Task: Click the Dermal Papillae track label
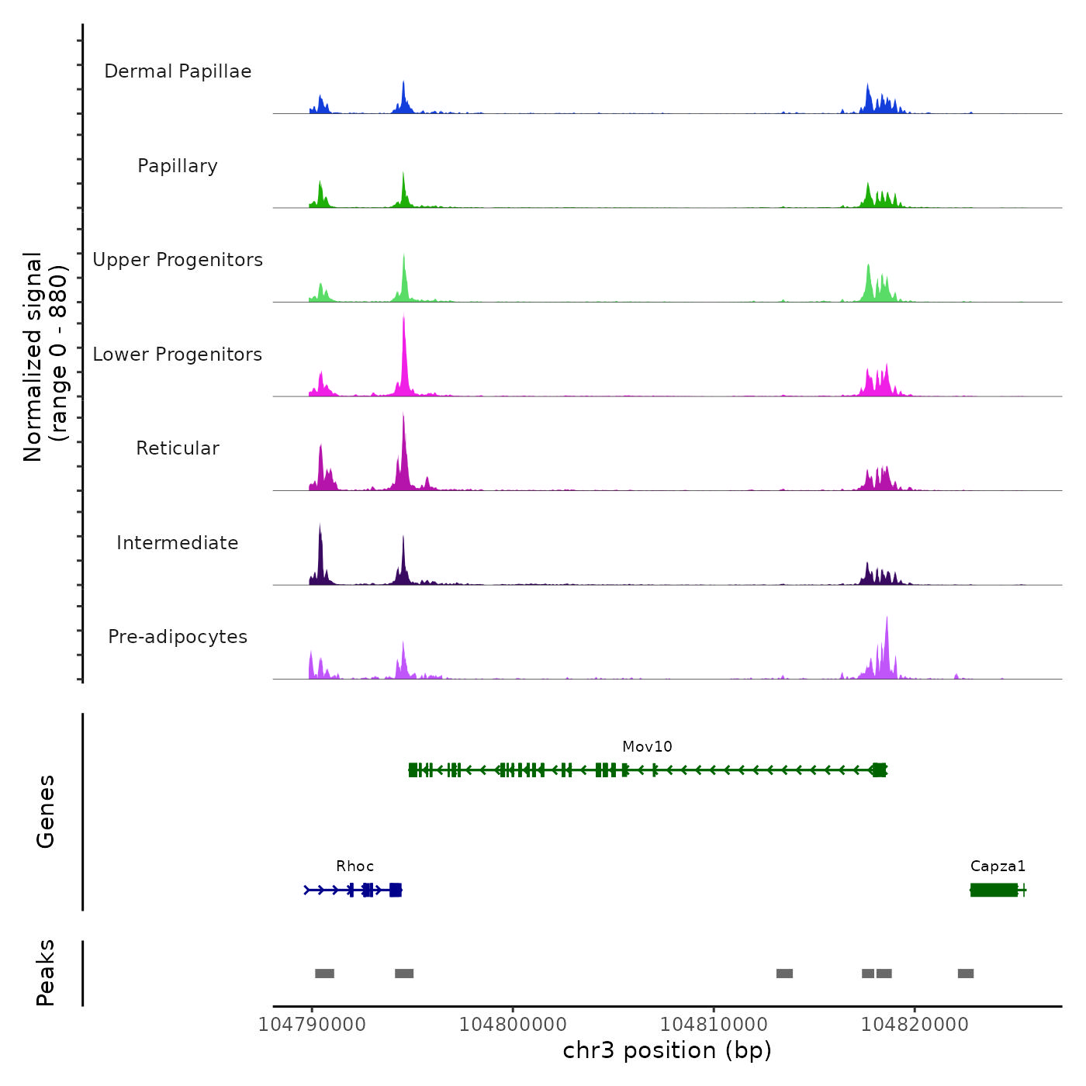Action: pyautogui.click(x=178, y=71)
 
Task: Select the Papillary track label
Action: pyautogui.click(x=178, y=166)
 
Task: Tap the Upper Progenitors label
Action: pyautogui.click(x=178, y=260)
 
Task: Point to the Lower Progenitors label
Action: pyautogui.click(x=178, y=355)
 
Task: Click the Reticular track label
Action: pyautogui.click(x=178, y=448)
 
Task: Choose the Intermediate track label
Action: pyautogui.click(x=178, y=543)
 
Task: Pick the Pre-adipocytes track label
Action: pyautogui.click(x=178, y=637)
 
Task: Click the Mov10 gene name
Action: pyautogui.click(x=647, y=747)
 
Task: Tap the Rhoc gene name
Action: pyautogui.click(x=355, y=866)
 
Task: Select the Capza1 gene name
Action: pyautogui.click(x=998, y=866)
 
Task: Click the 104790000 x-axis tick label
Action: pyautogui.click(x=312, y=1025)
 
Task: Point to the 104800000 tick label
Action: pyautogui.click(x=513, y=1025)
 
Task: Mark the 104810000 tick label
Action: pyautogui.click(x=714, y=1025)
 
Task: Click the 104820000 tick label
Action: pyautogui.click(x=915, y=1025)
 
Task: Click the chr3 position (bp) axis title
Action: pyautogui.click(x=667, y=1050)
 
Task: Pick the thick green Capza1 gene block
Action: pyautogui.click(x=994, y=890)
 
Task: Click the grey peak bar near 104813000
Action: pyautogui.click(x=784, y=974)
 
